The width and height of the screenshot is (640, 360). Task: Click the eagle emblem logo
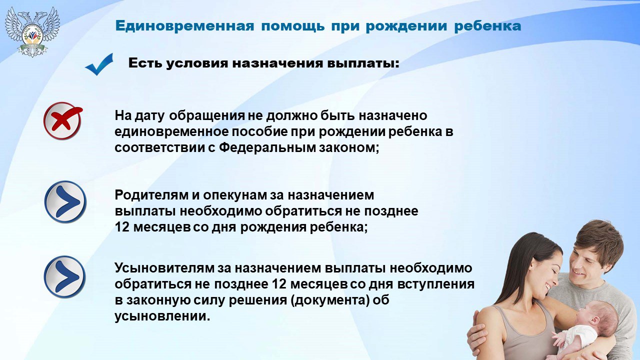32,31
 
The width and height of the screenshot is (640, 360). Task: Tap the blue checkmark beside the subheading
99,64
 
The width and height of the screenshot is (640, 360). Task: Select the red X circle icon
63,120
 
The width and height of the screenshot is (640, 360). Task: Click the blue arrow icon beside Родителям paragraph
65,201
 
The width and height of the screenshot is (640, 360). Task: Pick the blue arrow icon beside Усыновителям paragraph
65,276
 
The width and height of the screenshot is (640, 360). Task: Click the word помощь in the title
293,26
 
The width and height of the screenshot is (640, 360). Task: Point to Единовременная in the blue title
184,26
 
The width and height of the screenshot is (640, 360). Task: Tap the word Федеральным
267,148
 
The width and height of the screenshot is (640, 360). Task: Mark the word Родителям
151,195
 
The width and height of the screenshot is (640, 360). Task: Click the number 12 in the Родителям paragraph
122,227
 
